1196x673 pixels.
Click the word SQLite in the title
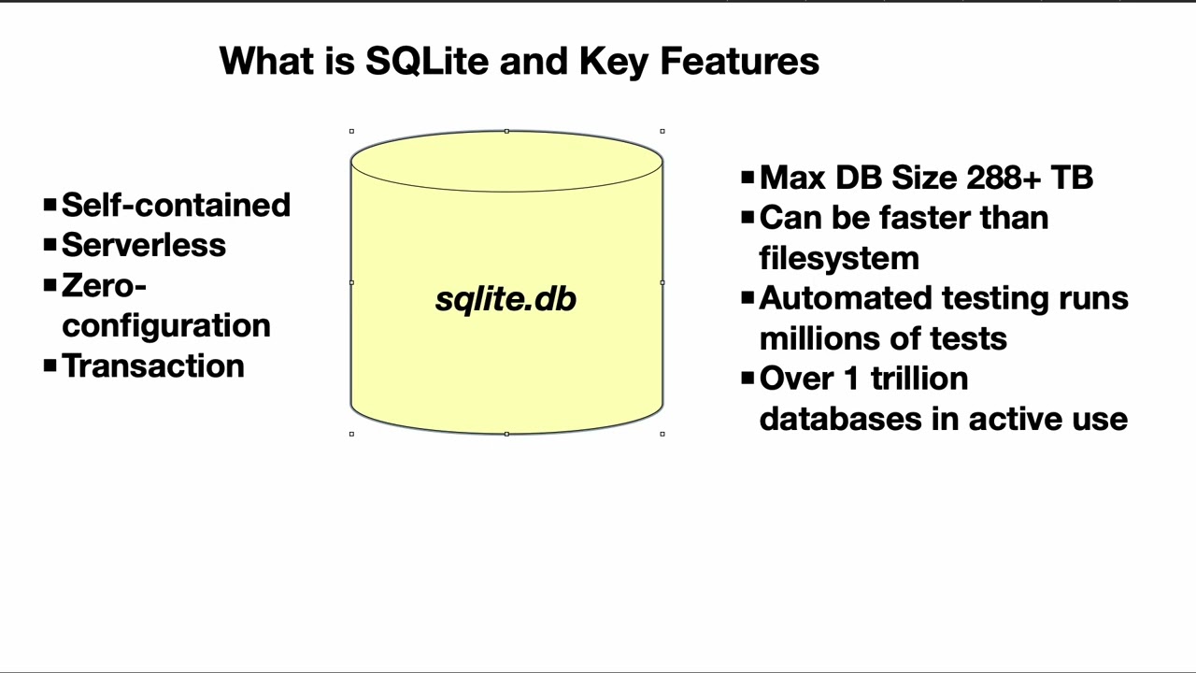[426, 62]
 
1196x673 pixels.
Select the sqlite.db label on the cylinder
[505, 299]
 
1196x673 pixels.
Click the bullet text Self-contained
[176, 206]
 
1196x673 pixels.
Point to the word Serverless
[143, 246]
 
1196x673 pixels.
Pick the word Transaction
[152, 366]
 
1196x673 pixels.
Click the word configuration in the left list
[165, 326]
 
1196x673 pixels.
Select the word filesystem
[839, 258]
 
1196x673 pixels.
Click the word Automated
[846, 298]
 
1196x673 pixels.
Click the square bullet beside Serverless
[50, 244]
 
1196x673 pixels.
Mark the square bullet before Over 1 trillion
[747, 378]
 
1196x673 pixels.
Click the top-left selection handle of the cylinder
[351, 132]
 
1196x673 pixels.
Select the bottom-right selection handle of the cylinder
[662, 434]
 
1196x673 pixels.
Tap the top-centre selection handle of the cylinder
[506, 132]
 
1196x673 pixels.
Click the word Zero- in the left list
[104, 286]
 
